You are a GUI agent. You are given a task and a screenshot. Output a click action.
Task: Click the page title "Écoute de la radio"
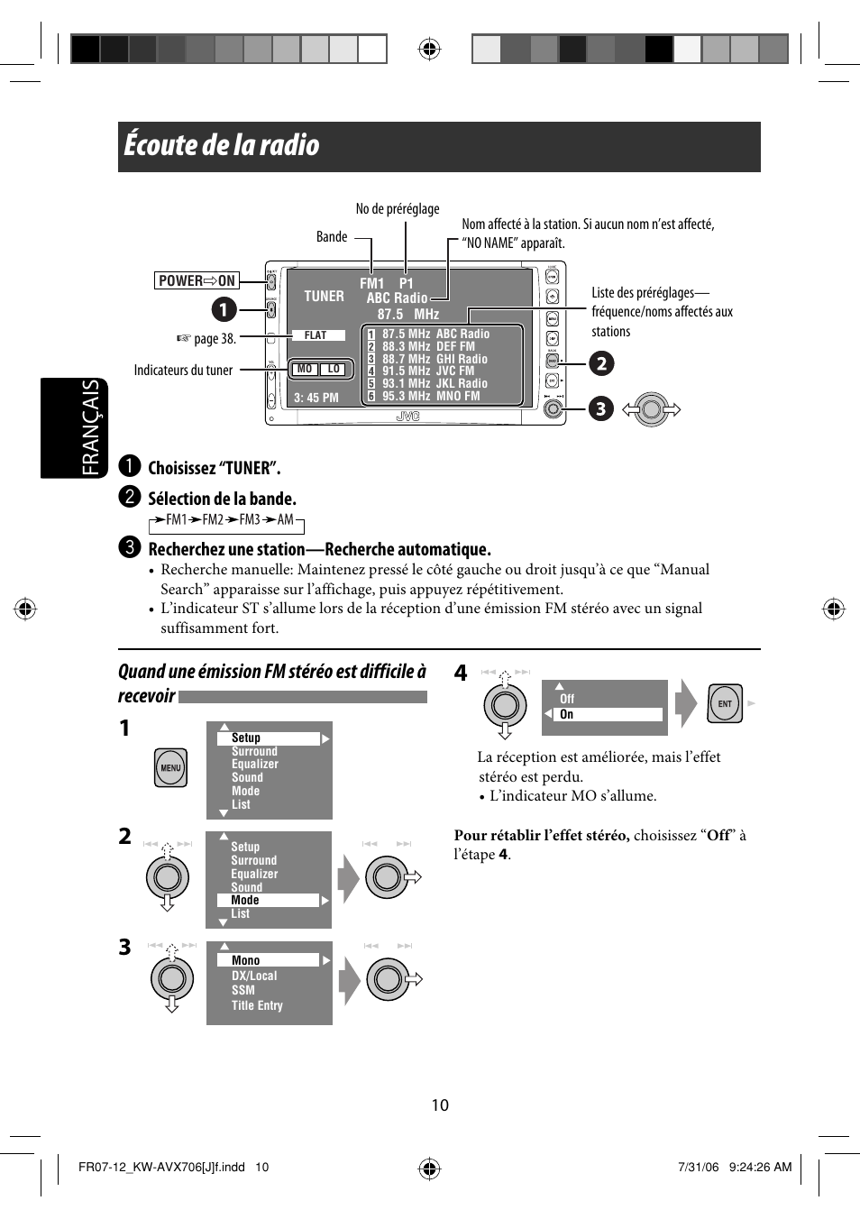[222, 145]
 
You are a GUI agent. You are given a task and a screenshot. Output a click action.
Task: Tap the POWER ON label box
[197, 280]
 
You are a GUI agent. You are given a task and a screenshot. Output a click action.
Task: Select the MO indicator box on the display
[305, 369]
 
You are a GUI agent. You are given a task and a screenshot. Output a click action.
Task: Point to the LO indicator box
[334, 369]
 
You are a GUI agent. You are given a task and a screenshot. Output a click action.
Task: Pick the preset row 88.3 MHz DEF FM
[428, 346]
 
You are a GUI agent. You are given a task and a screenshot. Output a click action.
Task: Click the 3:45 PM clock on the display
[316, 398]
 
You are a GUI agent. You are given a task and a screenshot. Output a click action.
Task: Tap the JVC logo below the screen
[408, 417]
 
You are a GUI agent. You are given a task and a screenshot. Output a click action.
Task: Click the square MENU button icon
[170, 768]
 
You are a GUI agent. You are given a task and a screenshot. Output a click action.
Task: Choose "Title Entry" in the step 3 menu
[257, 1005]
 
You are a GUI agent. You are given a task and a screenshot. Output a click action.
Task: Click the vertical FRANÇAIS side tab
[89, 427]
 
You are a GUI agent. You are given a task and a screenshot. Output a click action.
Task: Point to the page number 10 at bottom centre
[440, 1105]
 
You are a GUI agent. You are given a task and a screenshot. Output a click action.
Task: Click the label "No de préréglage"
[398, 209]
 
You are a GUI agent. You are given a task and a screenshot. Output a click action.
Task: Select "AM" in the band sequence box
[286, 519]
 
